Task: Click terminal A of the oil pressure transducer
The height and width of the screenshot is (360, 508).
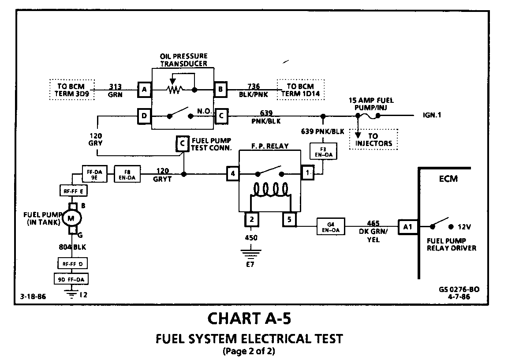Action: coord(144,90)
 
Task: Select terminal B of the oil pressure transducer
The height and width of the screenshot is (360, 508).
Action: coord(220,89)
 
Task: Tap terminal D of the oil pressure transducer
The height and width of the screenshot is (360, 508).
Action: coord(144,116)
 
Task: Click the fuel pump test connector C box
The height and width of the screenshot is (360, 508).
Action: coord(183,143)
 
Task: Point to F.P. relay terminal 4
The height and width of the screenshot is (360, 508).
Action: coord(233,173)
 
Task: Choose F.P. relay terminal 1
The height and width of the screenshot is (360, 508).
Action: coord(307,172)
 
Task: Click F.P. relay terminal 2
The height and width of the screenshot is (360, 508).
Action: coord(251,219)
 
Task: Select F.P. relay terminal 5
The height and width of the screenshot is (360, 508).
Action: coord(289,219)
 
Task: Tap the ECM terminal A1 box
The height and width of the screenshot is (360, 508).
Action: coord(407,227)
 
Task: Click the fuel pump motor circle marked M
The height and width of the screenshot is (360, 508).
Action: coord(71,218)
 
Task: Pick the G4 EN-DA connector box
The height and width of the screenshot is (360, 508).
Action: coord(331,226)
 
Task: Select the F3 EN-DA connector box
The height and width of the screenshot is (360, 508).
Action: coord(323,151)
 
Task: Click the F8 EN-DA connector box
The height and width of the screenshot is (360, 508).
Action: coord(127,174)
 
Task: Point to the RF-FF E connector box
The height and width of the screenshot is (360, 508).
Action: coord(74,191)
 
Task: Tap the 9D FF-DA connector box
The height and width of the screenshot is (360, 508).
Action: coord(71,279)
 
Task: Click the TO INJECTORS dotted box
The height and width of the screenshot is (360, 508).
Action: coord(373,139)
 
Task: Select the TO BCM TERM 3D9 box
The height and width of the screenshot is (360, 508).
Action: coord(71,90)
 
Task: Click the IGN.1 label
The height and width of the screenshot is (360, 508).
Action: coord(432,115)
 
